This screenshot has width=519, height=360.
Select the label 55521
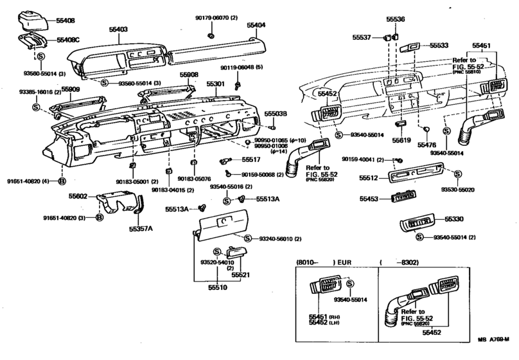(240, 274)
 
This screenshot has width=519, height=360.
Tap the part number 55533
(439, 46)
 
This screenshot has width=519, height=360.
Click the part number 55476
(427, 145)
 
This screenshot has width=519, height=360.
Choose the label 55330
(453, 219)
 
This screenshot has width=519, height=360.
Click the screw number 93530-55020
(457, 191)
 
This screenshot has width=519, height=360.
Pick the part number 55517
(251, 159)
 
